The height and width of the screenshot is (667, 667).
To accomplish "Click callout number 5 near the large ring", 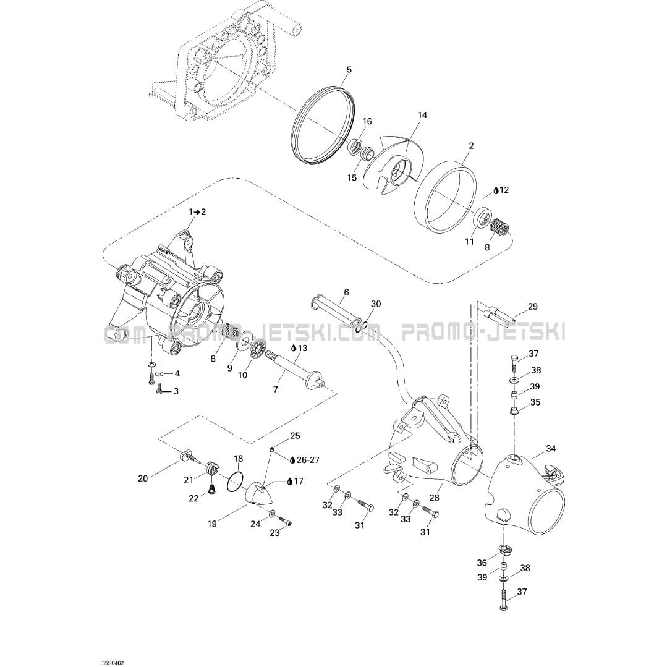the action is coord(349,70).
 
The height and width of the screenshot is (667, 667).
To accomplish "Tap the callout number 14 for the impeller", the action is coord(422,115).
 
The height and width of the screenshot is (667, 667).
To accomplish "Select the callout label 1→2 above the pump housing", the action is coord(197,211).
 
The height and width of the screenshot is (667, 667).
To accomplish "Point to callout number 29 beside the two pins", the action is coord(533,306).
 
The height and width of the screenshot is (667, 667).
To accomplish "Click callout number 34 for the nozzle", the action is coord(551,448).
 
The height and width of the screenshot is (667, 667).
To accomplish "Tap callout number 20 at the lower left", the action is coord(143,478).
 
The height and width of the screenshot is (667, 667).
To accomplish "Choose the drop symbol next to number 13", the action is coord(294,348).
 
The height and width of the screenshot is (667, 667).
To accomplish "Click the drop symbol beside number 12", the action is coord(496,190).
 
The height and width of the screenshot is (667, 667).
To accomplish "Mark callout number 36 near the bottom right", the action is coord(482,563).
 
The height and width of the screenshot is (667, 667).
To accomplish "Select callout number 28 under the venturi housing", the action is coord(434,498).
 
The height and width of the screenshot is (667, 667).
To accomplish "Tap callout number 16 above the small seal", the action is coord(367,121).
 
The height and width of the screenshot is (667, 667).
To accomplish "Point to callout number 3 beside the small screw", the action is coord(176,391).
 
